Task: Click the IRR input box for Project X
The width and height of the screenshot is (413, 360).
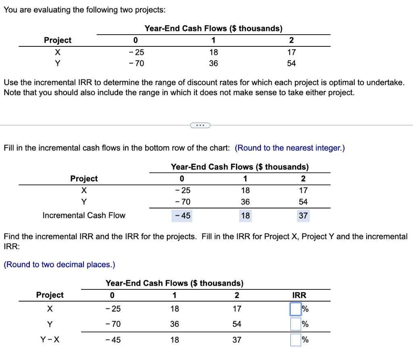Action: point(296,309)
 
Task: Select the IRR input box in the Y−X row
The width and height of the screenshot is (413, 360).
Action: point(296,340)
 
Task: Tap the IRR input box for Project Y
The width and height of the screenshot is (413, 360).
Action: point(296,324)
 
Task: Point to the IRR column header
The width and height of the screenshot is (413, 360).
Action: point(299,295)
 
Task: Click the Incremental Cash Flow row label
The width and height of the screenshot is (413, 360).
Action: point(84,215)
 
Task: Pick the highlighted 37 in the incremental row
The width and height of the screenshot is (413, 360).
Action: point(303,216)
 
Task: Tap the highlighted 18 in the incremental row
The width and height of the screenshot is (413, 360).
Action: point(245,216)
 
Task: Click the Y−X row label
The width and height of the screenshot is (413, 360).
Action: point(50,340)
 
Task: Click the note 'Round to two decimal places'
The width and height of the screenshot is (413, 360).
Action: point(59,264)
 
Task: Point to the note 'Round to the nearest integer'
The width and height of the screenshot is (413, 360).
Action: point(290,148)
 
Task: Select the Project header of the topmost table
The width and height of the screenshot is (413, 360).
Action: point(57,40)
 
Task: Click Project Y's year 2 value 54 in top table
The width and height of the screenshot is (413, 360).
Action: point(292,63)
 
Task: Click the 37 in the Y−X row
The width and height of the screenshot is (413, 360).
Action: point(237,340)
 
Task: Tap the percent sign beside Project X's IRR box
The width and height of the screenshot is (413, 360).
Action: point(305,309)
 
